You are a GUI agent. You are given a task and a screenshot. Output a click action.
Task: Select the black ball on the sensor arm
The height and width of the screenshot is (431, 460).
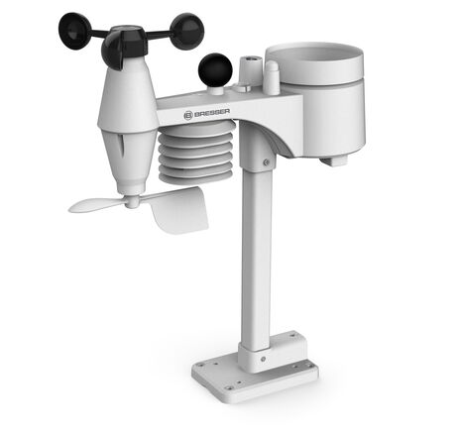click(x=215, y=70)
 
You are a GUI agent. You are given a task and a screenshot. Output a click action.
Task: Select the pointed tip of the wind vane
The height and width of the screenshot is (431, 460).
click(x=75, y=207)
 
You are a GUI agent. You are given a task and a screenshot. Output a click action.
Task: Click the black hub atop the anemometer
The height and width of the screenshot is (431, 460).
click(x=126, y=36)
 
